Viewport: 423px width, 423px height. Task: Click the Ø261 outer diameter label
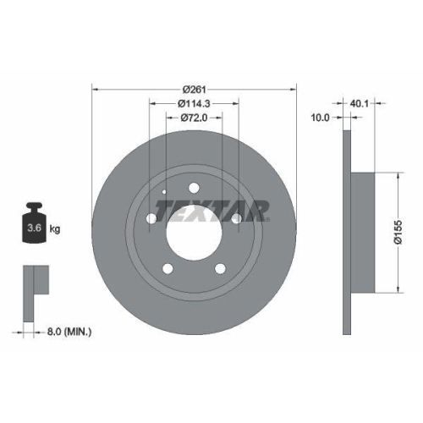195,89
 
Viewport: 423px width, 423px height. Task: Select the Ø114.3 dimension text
194,104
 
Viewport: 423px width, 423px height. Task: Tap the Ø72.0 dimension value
194,118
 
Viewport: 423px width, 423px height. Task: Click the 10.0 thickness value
320,119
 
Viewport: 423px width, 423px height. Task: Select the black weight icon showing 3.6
36,224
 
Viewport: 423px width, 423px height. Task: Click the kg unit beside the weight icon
55,228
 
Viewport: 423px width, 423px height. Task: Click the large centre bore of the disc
194,233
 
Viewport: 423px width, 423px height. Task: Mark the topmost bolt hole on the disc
194,188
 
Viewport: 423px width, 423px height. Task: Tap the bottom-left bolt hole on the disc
168,269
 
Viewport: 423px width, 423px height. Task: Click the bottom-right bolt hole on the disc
220,269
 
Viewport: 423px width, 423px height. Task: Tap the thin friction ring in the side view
346,233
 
